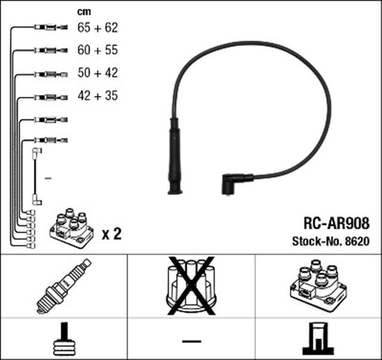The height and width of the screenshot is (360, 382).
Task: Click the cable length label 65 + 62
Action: tap(98, 27)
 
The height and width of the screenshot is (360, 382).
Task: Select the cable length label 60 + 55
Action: tap(98, 50)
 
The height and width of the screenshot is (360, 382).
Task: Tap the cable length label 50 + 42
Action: tap(98, 73)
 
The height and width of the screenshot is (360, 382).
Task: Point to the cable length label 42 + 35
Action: tap(98, 96)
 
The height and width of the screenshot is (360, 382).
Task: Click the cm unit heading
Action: tap(84, 11)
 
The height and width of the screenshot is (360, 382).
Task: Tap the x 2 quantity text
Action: tap(112, 233)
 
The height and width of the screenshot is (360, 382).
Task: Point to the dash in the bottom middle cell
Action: tap(191, 340)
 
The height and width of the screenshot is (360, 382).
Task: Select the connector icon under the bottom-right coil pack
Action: tap(318, 339)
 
